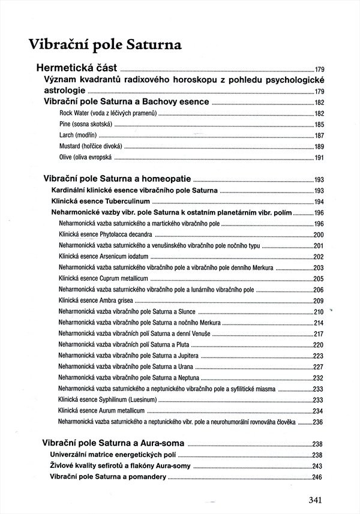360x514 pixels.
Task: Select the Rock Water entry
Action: pos(100,113)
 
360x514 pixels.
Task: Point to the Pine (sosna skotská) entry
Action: pos(86,124)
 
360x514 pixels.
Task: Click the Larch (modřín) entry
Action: pos(79,136)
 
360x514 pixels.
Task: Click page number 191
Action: pos(319,158)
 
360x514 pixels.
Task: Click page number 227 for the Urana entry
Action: pos(319,367)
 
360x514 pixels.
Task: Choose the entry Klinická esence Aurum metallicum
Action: pos(101,411)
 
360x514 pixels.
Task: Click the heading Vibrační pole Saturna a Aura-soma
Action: pos(114,444)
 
